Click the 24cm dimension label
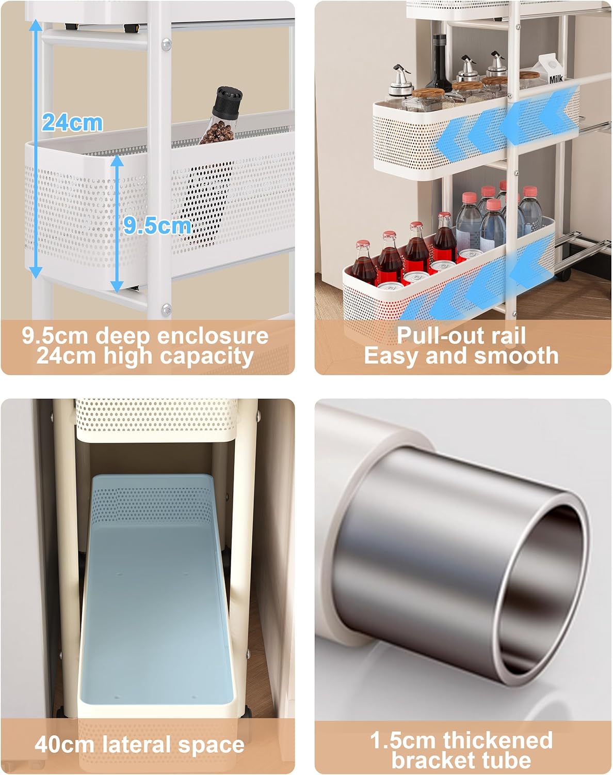point(72,123)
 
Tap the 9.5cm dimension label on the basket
point(157,226)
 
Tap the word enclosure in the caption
point(213,336)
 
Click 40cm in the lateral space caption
point(64,744)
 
